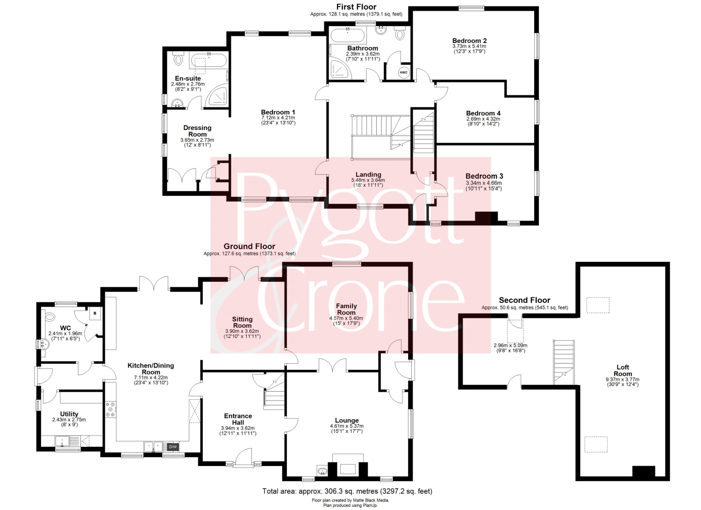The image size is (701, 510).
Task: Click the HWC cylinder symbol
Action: tap(403, 72)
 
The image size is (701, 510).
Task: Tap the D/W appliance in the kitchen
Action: tap(173, 447)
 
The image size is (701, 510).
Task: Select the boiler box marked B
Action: tap(95, 313)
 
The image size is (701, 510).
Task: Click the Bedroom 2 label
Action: tap(469, 41)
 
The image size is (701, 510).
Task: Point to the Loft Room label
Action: tap(622, 370)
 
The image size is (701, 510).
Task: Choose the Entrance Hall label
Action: tap(238, 419)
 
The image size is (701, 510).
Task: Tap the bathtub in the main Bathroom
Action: tap(348, 36)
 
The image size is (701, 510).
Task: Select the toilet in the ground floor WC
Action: tap(49, 317)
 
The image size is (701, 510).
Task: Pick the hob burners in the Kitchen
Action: tap(110, 409)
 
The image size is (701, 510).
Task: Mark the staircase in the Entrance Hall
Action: tap(274, 394)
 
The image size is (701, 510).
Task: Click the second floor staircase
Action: tap(564, 362)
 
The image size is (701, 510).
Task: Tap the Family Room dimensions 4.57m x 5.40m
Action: tap(346, 318)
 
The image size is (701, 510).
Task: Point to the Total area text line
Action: tap(347, 491)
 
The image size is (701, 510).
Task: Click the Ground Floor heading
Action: tap(250, 246)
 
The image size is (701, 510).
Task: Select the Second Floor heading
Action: tap(524, 300)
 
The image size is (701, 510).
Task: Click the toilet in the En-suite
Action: tap(179, 58)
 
